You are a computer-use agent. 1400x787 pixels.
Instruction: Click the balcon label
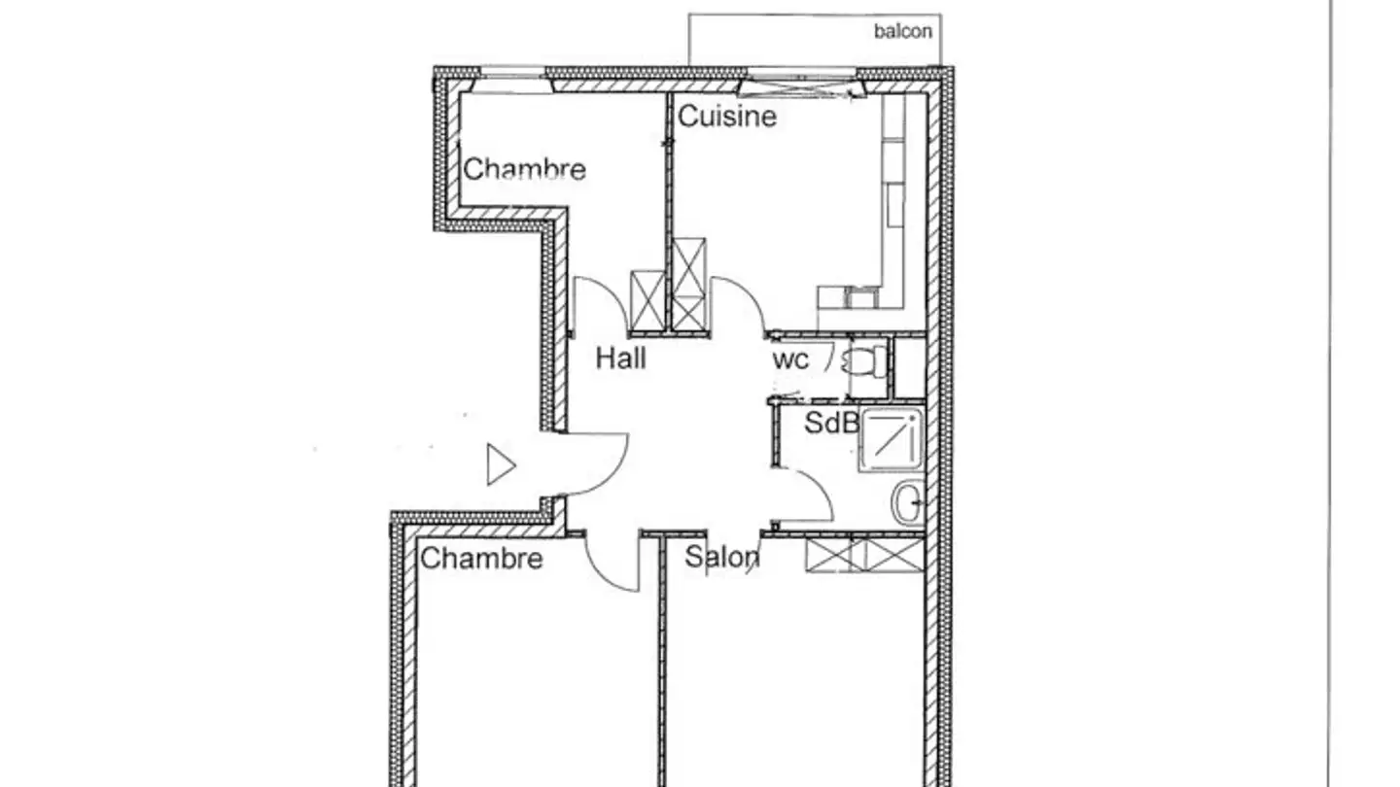903,31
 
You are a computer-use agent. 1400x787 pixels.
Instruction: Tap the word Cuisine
726,117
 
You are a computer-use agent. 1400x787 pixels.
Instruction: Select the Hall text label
620,359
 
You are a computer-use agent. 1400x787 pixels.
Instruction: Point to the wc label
790,359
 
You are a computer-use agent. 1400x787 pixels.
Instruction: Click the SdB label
831,423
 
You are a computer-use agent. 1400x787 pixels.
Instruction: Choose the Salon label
721,557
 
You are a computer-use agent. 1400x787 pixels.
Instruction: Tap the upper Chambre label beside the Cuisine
524,169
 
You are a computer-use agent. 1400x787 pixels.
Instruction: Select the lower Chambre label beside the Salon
481,559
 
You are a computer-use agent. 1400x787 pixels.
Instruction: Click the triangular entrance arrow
500,465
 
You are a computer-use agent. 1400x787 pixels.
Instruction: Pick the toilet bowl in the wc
864,361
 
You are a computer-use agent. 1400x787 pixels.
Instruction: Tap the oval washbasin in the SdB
906,503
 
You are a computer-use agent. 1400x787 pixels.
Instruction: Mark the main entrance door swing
595,464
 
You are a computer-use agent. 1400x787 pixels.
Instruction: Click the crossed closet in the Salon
864,555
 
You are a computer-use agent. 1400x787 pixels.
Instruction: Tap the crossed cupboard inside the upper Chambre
647,301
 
